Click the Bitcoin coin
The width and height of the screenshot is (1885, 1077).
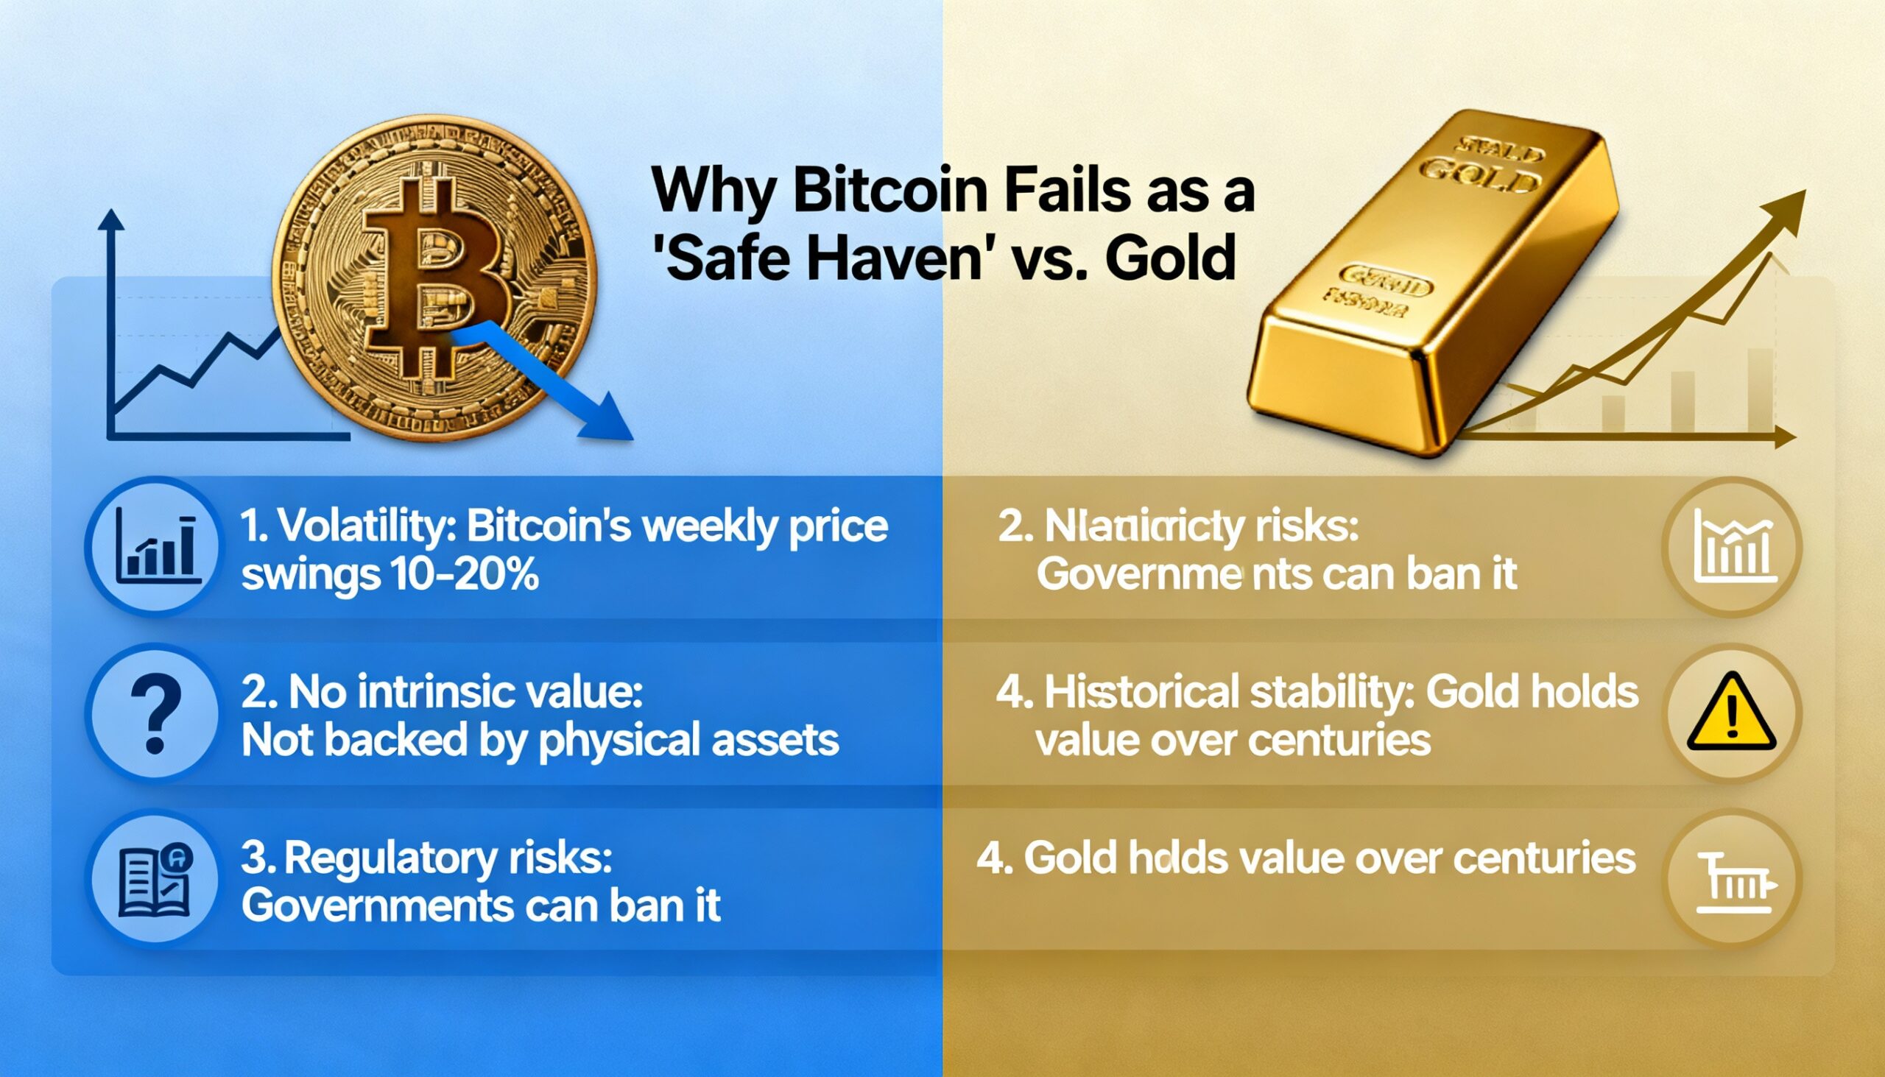434,278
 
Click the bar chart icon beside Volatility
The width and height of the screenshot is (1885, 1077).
158,548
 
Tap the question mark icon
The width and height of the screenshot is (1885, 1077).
155,714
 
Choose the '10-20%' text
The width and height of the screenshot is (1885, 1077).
459,574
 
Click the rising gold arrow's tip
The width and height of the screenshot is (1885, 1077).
1796,198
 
